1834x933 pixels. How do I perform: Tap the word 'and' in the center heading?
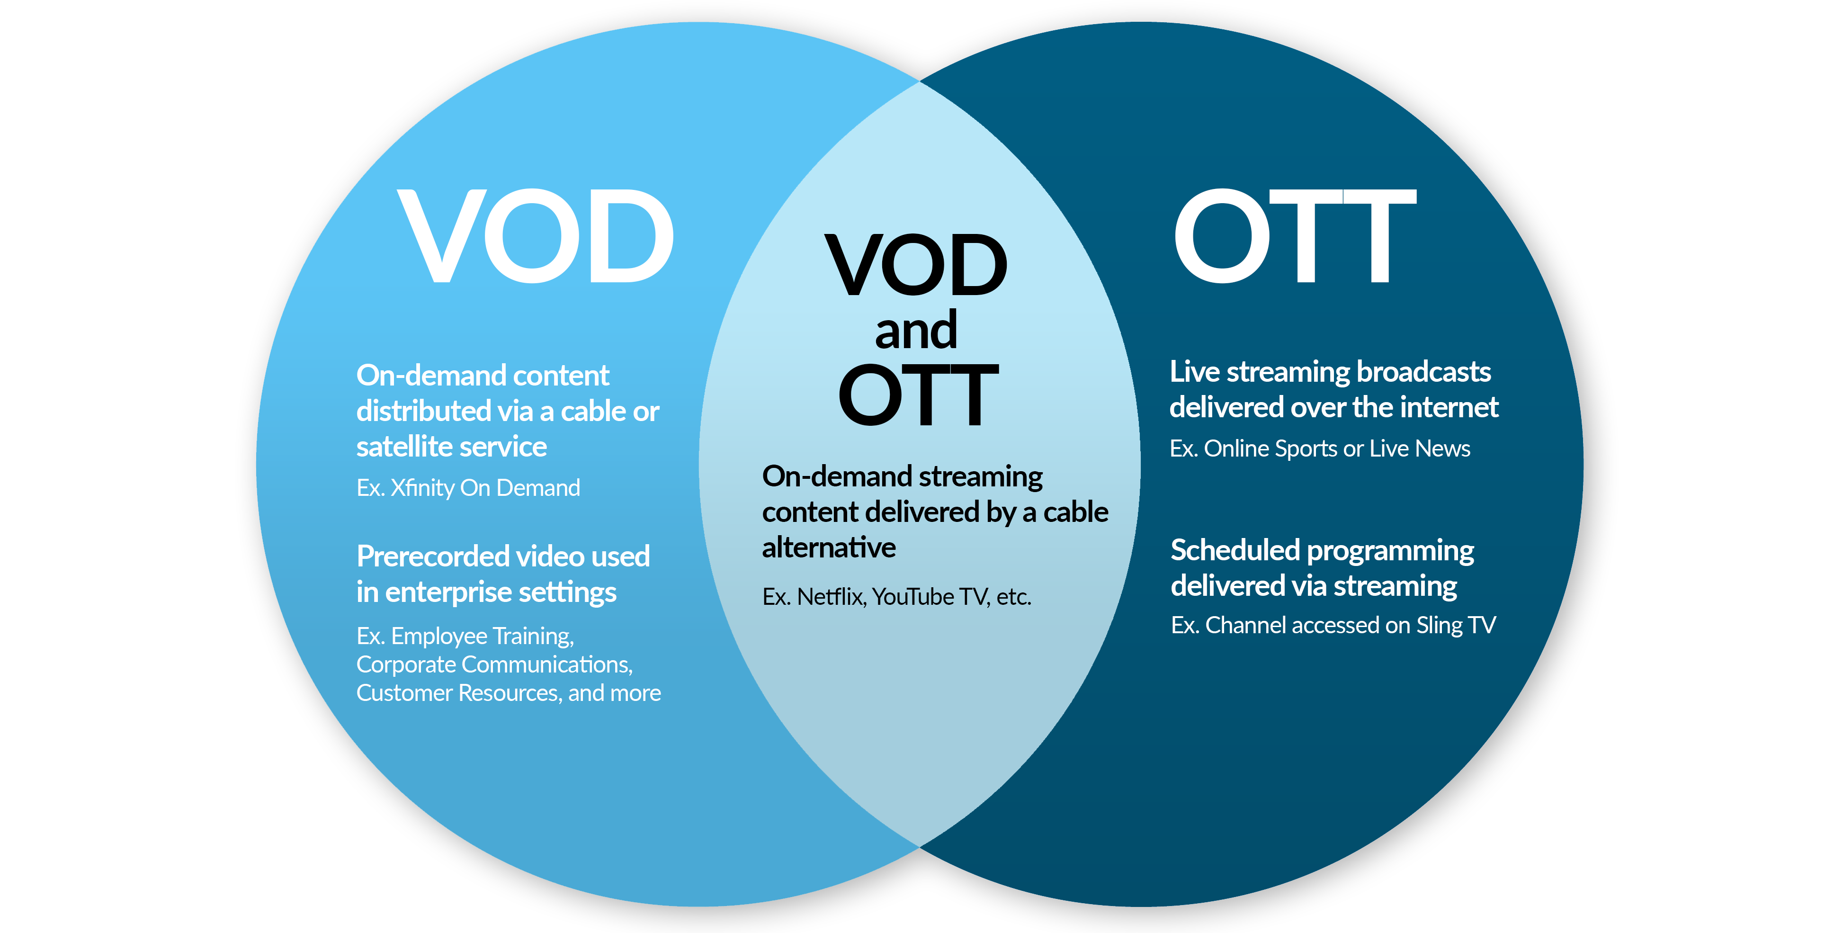coord(916,331)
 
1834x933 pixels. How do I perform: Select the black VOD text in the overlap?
coord(916,265)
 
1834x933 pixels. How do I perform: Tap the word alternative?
coord(829,547)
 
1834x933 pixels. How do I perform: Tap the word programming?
coord(1390,550)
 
